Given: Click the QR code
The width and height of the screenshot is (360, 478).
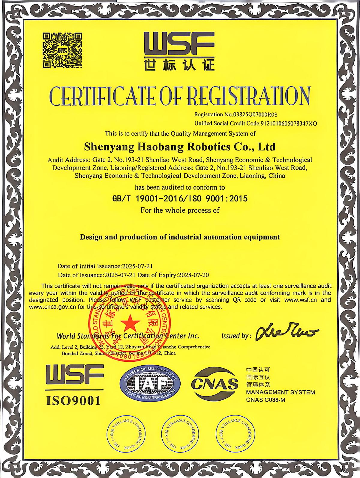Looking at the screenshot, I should click(62, 50).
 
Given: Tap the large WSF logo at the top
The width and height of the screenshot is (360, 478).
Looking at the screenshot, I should click(179, 43).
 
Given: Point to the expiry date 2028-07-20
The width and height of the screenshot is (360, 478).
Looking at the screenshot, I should click(193, 275).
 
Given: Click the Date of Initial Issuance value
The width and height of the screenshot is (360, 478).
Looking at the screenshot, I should click(137, 266).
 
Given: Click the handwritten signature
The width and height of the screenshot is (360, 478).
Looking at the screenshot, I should click(286, 333).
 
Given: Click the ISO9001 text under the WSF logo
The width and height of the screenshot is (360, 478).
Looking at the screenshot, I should click(73, 400).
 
